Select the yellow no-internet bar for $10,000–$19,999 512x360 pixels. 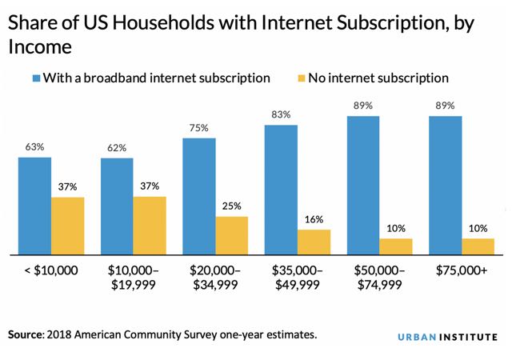pos(150,226)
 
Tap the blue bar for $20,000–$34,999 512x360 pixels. pos(199,196)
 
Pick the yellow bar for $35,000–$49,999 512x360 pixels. pos(314,242)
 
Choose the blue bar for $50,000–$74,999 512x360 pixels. pos(363,185)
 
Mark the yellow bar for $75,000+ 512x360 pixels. pos(478,246)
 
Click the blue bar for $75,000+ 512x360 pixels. pos(446,185)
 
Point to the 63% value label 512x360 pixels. pos(34,147)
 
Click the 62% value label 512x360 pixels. pos(117,149)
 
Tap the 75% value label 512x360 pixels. pos(199,128)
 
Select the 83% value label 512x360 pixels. pos(282,115)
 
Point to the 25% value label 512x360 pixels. pos(232,206)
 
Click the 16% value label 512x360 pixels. pos(314,220)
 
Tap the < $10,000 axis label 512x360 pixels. pos(50,270)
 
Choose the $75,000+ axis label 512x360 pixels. pos(462,270)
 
